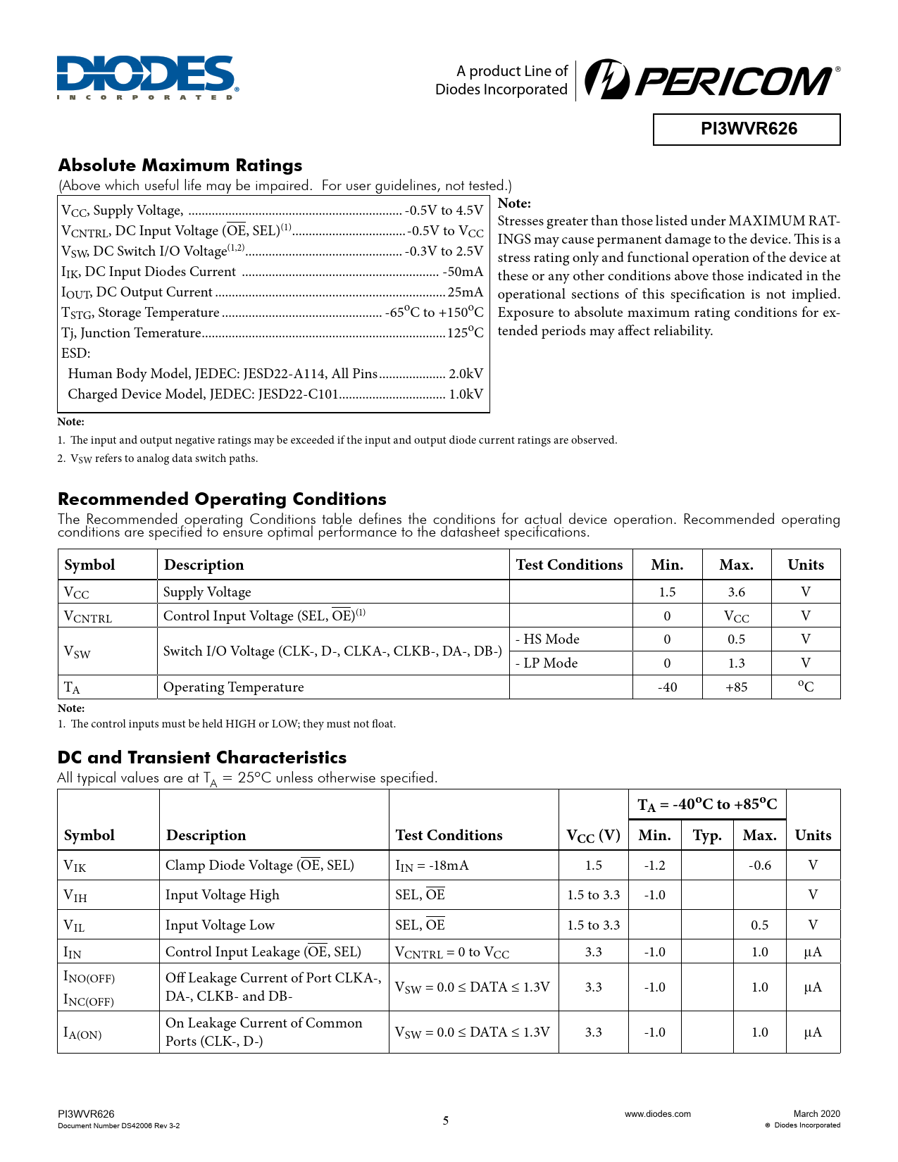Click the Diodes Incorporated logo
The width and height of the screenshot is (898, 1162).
pyautogui.click(x=147, y=77)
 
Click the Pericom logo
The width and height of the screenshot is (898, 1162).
pyautogui.click(x=712, y=80)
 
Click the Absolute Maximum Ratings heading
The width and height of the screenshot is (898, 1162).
pyautogui.click(x=180, y=165)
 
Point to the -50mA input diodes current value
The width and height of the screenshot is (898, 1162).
pyautogui.click(x=463, y=272)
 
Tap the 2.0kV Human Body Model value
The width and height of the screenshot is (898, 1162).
pyautogui.click(x=466, y=374)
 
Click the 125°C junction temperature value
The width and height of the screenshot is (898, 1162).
pyautogui.click(x=466, y=333)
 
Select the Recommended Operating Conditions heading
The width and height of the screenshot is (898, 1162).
pyautogui.click(x=222, y=499)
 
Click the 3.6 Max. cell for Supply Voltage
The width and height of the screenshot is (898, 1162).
pyautogui.click(x=736, y=592)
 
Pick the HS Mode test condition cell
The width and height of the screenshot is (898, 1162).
pyautogui.click(x=548, y=639)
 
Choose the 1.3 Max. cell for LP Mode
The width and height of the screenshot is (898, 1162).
pyautogui.click(x=736, y=663)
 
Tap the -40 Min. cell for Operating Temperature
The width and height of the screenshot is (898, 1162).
pyautogui.click(x=667, y=687)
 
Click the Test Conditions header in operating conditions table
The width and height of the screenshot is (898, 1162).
pyautogui.click(x=569, y=565)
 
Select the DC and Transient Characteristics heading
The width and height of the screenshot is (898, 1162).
pyautogui.click(x=202, y=758)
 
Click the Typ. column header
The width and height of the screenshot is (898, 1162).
pyautogui.click(x=706, y=835)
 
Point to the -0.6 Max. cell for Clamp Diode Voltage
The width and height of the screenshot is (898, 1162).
pyautogui.click(x=759, y=866)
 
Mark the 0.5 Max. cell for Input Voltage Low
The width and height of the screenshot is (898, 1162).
pyautogui.click(x=759, y=925)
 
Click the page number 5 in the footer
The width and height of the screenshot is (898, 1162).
pyautogui.click(x=445, y=1120)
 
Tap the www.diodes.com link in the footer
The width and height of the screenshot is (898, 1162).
pyautogui.click(x=657, y=1114)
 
